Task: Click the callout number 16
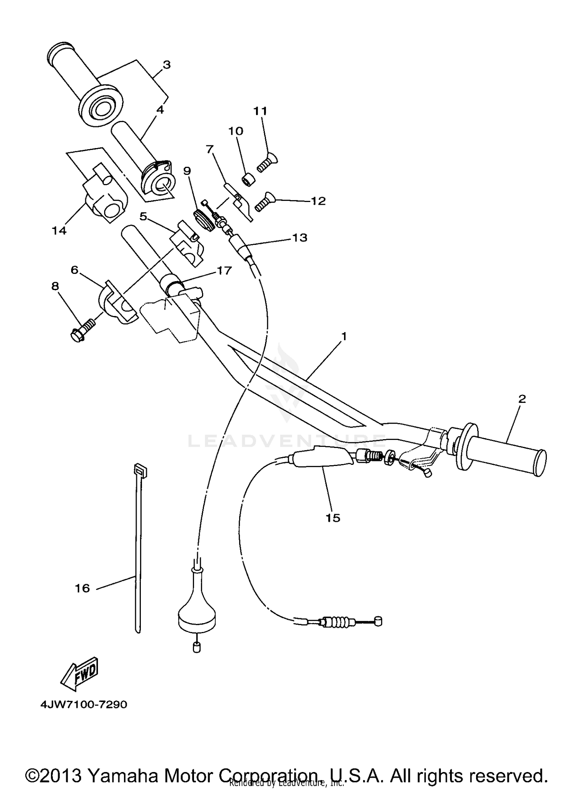click(82, 588)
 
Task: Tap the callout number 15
click(333, 518)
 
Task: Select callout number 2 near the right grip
click(522, 399)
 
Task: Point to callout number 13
click(300, 238)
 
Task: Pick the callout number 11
click(260, 111)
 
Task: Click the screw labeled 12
click(262, 202)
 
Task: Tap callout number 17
click(224, 270)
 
